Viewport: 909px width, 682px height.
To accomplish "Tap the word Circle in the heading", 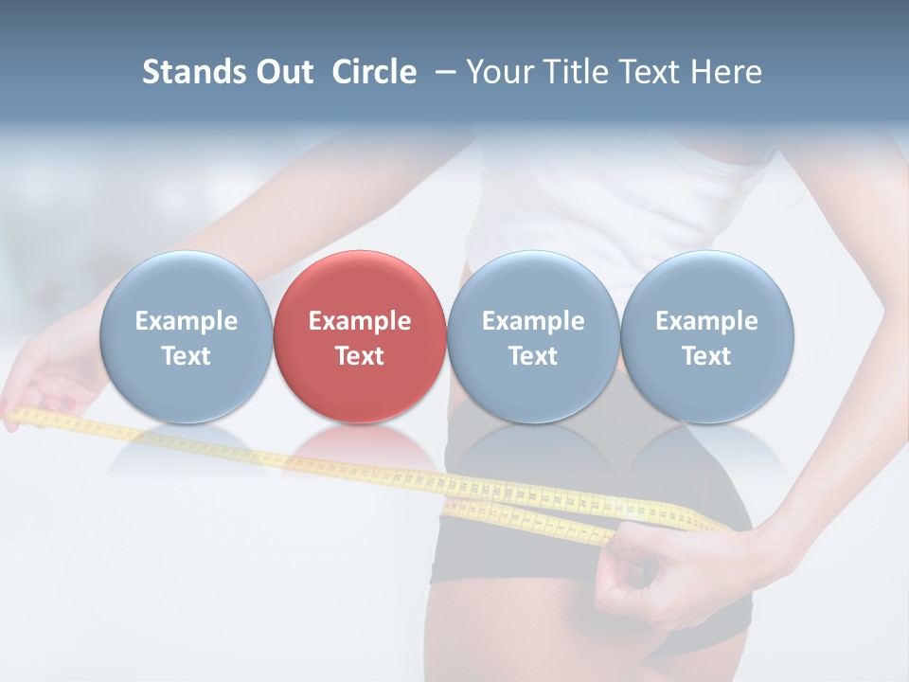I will pos(374,72).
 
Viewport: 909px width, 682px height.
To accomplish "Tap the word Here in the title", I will pos(726,72).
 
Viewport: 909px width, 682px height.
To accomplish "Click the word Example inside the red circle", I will pos(360,321).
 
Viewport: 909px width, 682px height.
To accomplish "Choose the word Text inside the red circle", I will pos(360,356).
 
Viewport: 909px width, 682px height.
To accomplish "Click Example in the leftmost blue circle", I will pos(187,321).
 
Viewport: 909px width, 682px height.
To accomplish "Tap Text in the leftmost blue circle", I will pos(187,356).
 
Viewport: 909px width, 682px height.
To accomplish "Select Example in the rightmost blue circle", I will pos(706,321).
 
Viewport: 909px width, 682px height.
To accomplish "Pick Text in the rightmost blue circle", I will pos(706,356).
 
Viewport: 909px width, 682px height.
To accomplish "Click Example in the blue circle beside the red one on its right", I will pos(533,321).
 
